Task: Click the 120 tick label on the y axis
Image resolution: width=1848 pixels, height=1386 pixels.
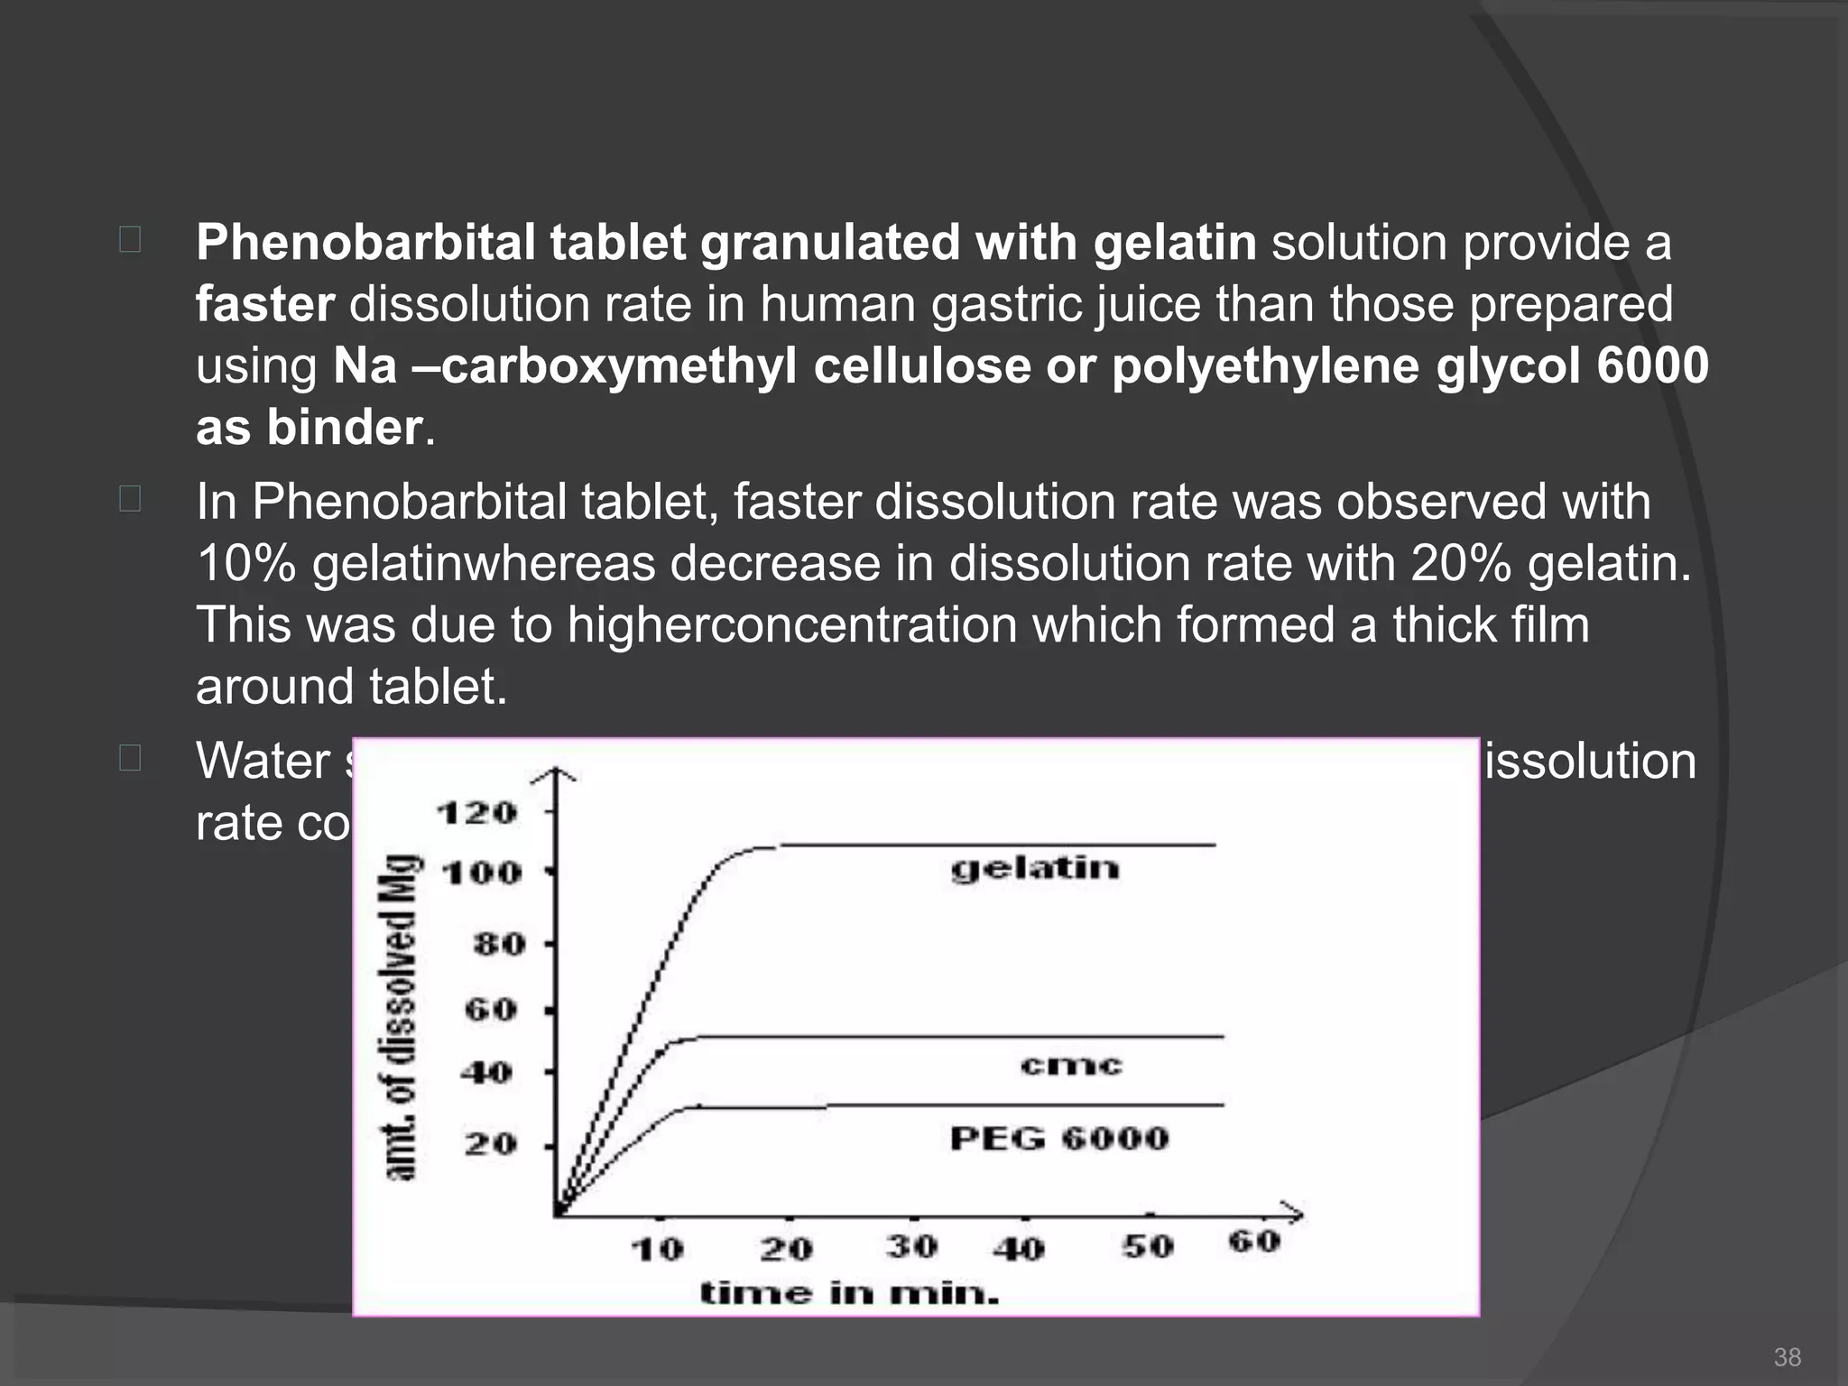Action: [477, 813]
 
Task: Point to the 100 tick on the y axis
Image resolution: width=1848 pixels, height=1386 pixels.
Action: [483, 873]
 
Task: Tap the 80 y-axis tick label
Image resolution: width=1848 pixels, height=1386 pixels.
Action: [499, 945]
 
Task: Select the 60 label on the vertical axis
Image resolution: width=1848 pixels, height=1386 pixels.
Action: [492, 1010]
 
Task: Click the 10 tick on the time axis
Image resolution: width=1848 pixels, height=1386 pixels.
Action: [657, 1250]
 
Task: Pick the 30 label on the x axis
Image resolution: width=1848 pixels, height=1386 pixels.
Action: [912, 1247]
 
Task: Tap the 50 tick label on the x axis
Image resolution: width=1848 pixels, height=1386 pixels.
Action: [1148, 1247]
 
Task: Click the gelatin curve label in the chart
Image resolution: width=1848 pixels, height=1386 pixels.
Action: [1035, 868]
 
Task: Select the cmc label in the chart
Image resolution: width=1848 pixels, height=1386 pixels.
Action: [1071, 1066]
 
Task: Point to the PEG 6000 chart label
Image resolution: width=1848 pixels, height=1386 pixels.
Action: [1059, 1139]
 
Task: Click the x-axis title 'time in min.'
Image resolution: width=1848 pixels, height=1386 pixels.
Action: [850, 1294]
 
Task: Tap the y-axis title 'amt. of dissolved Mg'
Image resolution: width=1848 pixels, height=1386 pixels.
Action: [402, 1017]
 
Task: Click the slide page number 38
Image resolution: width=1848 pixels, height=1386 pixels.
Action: [1787, 1356]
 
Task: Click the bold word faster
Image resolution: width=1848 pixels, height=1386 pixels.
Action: [265, 304]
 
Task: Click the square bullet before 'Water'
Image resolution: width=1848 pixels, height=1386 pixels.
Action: [129, 758]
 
